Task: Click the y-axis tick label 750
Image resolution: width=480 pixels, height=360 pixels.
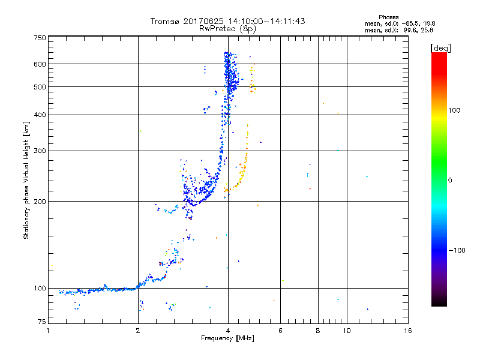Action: (x=40, y=38)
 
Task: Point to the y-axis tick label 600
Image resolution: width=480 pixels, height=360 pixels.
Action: (x=40, y=64)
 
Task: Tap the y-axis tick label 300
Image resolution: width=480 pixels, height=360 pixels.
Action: (x=40, y=151)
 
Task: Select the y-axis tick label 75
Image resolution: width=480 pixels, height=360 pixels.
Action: (x=41, y=322)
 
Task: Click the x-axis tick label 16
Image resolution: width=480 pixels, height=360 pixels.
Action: (x=407, y=331)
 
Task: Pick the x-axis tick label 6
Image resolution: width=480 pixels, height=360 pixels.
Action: (x=280, y=331)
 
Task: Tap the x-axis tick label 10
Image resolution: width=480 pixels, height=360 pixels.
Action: (x=346, y=331)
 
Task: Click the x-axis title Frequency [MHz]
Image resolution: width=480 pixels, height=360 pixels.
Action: (x=227, y=339)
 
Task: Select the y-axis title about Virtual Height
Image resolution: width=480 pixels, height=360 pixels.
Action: (x=26, y=181)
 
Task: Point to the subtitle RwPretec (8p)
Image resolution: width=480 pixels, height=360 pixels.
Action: (x=227, y=28)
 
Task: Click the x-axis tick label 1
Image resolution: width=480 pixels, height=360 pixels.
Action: (x=48, y=331)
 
